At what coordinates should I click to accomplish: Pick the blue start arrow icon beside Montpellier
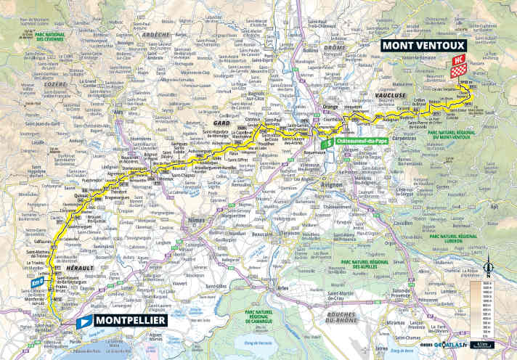84,320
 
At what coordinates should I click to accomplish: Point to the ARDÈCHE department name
158,34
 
